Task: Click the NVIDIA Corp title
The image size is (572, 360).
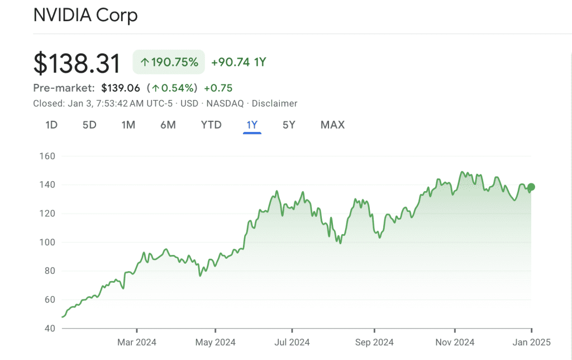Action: tap(85, 15)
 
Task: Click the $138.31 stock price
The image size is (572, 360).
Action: tap(77, 63)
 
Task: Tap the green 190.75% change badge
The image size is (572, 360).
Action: tap(169, 62)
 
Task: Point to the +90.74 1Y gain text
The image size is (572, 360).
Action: tap(239, 62)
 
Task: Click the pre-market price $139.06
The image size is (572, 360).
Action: tap(120, 88)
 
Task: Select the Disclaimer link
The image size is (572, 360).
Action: tap(274, 103)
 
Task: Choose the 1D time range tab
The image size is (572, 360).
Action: tap(51, 125)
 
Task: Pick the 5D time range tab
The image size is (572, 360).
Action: tap(89, 125)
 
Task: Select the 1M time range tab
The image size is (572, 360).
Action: tap(128, 125)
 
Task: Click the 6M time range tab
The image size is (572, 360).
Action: tap(168, 125)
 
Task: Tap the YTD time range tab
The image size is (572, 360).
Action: tap(211, 125)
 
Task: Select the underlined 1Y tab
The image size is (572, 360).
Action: tap(252, 125)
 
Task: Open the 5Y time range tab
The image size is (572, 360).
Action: tap(288, 125)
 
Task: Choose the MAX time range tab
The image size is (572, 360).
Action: tap(332, 125)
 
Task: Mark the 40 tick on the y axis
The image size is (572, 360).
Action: tap(49, 328)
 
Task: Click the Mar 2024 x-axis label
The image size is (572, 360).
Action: tap(137, 342)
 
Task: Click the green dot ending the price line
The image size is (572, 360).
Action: tap(531, 187)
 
